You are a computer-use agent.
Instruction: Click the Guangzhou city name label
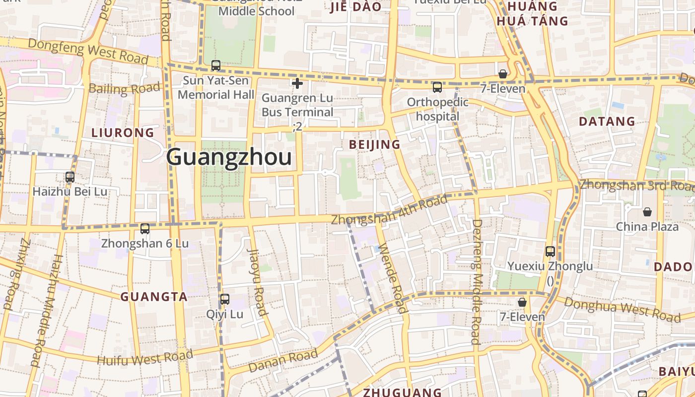pos(229,157)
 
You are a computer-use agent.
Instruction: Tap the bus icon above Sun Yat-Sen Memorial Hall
pos(216,65)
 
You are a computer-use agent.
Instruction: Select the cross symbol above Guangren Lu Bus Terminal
pos(297,83)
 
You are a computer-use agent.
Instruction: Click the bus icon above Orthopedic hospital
pos(437,87)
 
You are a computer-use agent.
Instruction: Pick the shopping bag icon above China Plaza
pos(647,212)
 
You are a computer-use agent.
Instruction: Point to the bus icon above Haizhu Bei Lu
pos(70,177)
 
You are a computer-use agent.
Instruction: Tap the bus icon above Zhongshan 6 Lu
pos(145,229)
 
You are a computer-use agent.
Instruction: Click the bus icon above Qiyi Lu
pos(225,299)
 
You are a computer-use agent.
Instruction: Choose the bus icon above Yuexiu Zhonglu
pos(550,251)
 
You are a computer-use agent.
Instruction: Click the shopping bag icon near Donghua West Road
pos(522,302)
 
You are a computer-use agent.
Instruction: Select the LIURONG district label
pos(123,132)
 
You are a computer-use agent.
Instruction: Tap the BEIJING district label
pos(374,144)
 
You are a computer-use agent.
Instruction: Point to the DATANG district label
pos(607,121)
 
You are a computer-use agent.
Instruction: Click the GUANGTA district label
pos(154,297)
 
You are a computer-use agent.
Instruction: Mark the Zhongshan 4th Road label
pos(389,211)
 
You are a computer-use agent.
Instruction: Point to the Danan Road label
pos(282,361)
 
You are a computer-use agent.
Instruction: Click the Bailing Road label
pos(125,89)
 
